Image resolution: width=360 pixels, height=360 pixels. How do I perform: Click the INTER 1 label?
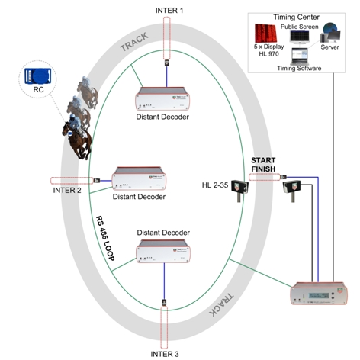point(169,11)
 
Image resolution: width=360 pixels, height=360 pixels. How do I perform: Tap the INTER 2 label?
point(67,190)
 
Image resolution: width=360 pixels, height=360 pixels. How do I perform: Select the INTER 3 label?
point(165,354)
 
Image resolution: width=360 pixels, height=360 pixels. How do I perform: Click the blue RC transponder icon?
point(37,76)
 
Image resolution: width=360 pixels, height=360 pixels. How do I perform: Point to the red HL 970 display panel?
point(265,34)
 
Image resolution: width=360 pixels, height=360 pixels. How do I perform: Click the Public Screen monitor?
point(300,37)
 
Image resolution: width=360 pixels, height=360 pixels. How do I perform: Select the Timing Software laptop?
point(300,56)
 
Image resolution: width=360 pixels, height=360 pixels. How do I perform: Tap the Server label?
point(329,47)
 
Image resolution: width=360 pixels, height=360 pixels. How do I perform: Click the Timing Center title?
point(296,17)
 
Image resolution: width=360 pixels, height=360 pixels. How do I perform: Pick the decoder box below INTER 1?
point(162,98)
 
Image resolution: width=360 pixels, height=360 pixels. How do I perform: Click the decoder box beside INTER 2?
point(139,178)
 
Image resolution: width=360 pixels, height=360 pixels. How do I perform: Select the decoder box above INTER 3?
point(163,251)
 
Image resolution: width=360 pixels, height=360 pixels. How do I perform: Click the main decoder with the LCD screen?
point(319,293)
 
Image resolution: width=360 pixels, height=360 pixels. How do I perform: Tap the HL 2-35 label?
point(215,185)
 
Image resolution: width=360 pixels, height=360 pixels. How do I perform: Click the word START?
point(263,160)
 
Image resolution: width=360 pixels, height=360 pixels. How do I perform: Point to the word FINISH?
point(263,169)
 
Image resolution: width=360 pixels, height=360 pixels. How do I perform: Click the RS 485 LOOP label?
point(105,238)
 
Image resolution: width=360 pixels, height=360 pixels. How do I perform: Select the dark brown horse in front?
point(77,139)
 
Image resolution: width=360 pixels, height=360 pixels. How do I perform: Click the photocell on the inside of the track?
point(239,188)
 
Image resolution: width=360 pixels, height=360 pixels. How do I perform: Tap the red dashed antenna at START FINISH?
point(265,177)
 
